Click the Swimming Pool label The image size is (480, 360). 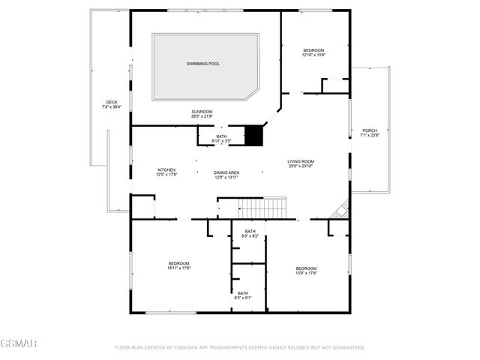coord(203,64)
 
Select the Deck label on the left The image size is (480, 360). coord(112,102)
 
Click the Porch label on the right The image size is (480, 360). coord(370,130)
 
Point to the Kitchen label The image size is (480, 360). coord(166,169)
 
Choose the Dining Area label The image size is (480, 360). coord(226,172)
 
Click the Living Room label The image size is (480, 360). coord(301,161)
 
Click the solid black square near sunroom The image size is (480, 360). coord(256,136)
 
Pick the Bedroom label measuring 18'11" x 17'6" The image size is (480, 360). coord(178,263)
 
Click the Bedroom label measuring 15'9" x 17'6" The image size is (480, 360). coord(306,268)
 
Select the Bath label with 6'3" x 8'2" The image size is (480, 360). coord(250,231)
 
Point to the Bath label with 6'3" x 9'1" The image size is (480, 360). coord(243,293)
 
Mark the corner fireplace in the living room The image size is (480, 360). coord(342,210)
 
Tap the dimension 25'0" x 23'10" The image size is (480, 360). coord(301,166)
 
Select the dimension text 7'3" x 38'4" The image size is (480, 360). coord(112,107)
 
